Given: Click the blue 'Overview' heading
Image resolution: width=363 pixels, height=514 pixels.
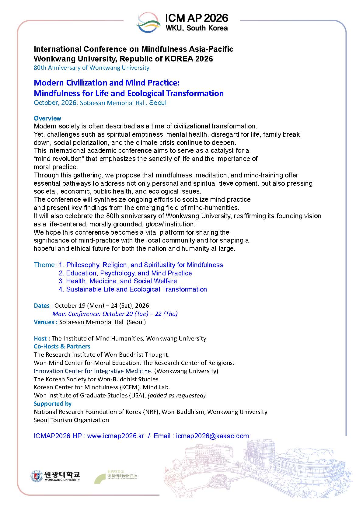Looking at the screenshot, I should pyautogui.click(x=47, y=118).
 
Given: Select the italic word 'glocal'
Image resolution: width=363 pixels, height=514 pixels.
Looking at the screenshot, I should pyautogui.click(x=155, y=224).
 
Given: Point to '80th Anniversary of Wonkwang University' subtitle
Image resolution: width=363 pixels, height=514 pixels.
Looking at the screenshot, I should pyautogui.click(x=91, y=68).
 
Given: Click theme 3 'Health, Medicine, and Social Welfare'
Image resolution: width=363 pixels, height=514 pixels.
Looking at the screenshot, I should pyautogui.click(x=118, y=281).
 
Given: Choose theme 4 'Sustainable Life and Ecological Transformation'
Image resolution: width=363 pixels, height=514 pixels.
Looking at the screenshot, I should pyautogui.click(x=133, y=289).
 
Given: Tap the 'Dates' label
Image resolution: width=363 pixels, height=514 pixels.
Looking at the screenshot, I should pyautogui.click(x=42, y=306).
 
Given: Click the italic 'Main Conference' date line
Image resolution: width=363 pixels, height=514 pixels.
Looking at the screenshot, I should pyautogui.click(x=115, y=314).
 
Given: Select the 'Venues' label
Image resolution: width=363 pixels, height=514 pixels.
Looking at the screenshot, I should pyautogui.click(x=44, y=322).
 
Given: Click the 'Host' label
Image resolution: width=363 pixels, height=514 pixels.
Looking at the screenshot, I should pyautogui.click(x=40, y=338).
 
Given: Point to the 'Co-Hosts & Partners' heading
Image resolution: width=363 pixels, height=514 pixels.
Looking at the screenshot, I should pyautogui.click(x=62, y=346).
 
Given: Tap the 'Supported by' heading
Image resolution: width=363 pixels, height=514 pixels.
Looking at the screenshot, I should pyautogui.click(x=53, y=404).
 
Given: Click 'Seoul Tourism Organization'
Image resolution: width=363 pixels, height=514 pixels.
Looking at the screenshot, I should pyautogui.click(x=71, y=420).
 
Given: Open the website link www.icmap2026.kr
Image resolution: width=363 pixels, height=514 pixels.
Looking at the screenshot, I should pyautogui.click(x=115, y=436).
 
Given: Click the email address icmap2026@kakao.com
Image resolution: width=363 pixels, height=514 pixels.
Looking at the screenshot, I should pyautogui.click(x=212, y=436).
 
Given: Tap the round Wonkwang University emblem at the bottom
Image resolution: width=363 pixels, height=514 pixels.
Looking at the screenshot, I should pyautogui.click(x=36, y=476).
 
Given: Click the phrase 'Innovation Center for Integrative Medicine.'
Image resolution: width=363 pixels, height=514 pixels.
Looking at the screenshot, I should pyautogui.click(x=93, y=371).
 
